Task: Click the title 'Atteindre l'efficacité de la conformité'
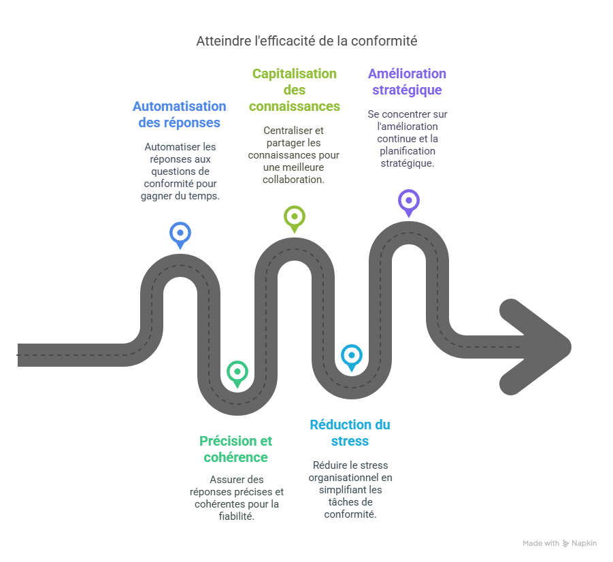click(306, 41)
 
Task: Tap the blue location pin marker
click(180, 233)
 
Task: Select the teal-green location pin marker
click(237, 371)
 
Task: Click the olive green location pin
click(294, 217)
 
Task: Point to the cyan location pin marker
click(351, 355)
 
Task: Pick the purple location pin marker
click(408, 201)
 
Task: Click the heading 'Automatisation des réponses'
click(179, 114)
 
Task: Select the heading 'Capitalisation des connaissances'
click(294, 90)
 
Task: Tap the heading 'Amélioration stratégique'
click(407, 82)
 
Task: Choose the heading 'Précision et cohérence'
click(235, 449)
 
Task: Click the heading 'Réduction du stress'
click(350, 433)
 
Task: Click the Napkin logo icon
click(566, 544)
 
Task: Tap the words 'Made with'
click(541, 544)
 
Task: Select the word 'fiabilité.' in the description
click(235, 516)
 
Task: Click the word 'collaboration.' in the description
click(294, 179)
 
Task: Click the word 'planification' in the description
click(408, 151)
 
